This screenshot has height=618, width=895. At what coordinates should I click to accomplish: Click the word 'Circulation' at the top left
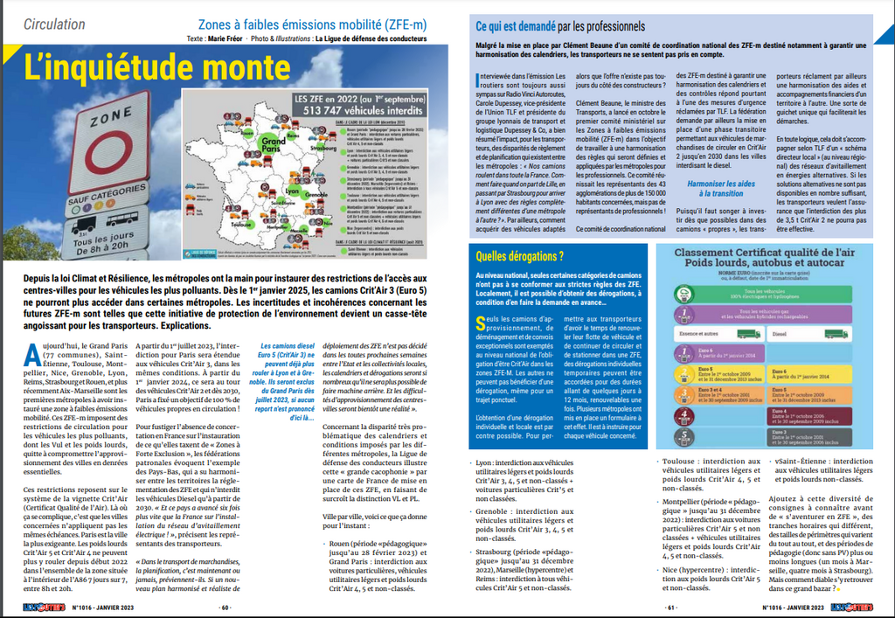(54, 24)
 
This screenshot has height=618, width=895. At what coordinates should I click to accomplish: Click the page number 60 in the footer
(225, 608)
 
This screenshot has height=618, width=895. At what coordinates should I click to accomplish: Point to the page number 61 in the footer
(671, 608)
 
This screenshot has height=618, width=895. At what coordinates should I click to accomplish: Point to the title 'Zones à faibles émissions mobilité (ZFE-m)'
(313, 24)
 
